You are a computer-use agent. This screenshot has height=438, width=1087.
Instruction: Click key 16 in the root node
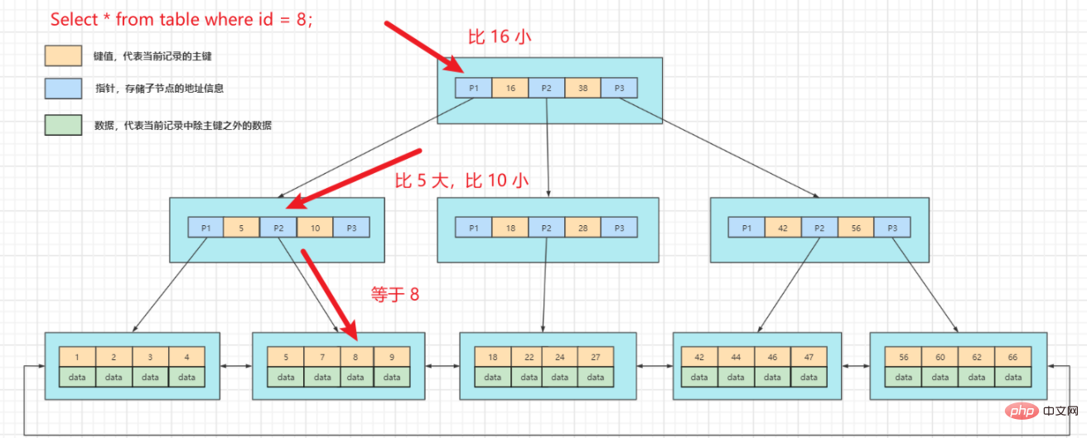click(x=510, y=87)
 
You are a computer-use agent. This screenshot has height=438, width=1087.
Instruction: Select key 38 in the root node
click(x=583, y=87)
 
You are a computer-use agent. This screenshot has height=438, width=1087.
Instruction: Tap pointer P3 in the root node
click(x=620, y=87)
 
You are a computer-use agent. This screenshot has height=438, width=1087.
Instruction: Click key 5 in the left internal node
click(x=242, y=227)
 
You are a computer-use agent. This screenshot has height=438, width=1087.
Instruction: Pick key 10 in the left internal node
click(x=315, y=227)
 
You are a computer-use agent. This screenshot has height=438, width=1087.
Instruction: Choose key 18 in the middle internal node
click(x=510, y=227)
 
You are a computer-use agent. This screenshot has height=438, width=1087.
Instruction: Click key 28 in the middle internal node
click(x=582, y=227)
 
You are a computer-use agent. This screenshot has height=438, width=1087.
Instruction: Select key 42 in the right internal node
click(x=782, y=227)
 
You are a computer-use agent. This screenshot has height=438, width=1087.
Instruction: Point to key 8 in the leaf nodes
click(x=355, y=357)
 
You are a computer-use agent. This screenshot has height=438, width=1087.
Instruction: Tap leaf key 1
click(x=77, y=357)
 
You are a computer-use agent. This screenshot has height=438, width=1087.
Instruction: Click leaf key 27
click(x=596, y=357)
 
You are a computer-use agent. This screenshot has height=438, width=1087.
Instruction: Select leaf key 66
click(x=1013, y=357)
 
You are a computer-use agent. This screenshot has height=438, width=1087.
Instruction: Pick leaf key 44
click(x=736, y=357)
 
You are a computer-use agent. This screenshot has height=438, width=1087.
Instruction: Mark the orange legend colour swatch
click(x=63, y=55)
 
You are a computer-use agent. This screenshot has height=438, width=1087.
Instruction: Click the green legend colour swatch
click(x=63, y=125)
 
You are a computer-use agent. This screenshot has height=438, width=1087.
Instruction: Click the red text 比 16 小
click(x=498, y=36)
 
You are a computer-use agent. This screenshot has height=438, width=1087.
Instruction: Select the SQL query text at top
click(x=181, y=19)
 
